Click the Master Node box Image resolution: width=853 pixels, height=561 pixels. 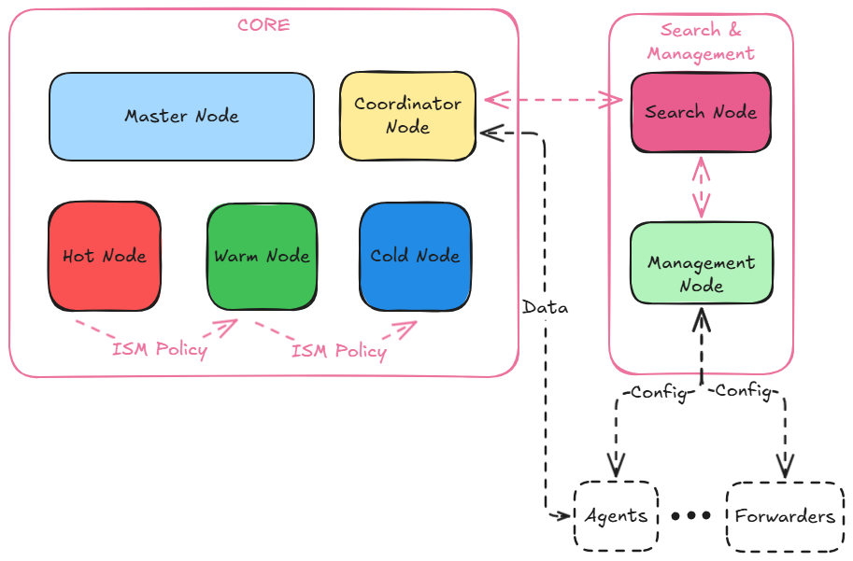point(181,117)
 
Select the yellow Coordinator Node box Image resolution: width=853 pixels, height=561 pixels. point(407,116)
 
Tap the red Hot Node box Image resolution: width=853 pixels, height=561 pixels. point(105,256)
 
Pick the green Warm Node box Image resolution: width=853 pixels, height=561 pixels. point(262,256)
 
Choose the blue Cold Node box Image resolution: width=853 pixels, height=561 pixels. point(415,256)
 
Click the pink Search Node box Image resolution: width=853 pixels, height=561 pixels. point(701,112)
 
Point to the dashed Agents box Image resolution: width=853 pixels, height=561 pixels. point(616,515)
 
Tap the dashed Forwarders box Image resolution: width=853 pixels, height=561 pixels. point(784,515)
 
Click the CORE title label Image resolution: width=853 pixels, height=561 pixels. point(263,25)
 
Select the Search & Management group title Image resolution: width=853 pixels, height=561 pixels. point(701,42)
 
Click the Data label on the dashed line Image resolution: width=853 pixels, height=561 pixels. point(545,307)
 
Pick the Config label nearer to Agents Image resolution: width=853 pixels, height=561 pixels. point(659,392)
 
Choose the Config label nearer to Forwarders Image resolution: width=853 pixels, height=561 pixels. point(743,392)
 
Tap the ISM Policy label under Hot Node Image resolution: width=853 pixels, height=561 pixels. point(160,351)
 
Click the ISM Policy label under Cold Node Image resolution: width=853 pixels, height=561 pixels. point(338,351)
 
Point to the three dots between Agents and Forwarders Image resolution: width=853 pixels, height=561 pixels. point(691,515)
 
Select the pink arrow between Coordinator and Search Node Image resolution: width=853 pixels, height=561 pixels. point(553,98)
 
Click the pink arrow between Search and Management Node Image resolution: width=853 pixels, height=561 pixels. point(701,187)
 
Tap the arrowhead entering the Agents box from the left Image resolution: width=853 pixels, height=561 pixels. point(564,515)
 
